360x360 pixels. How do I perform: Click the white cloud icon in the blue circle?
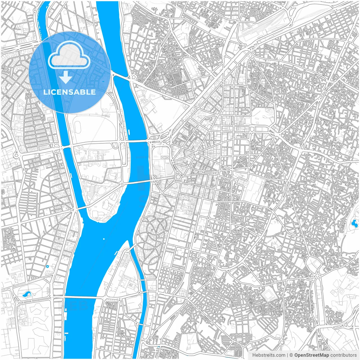pos(69,55)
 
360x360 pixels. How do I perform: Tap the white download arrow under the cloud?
pos(66,78)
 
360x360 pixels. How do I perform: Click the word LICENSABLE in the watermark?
pos(69,92)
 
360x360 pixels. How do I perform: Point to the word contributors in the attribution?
pos(343,355)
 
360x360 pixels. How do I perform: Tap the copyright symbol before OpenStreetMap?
pos(291,355)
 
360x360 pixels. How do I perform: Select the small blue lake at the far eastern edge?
pos(353,224)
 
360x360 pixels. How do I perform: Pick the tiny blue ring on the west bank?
pos(48,266)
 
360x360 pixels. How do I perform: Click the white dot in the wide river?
pos(104,239)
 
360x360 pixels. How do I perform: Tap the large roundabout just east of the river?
pos(178,177)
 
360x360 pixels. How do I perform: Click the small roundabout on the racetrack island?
pos(122,184)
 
